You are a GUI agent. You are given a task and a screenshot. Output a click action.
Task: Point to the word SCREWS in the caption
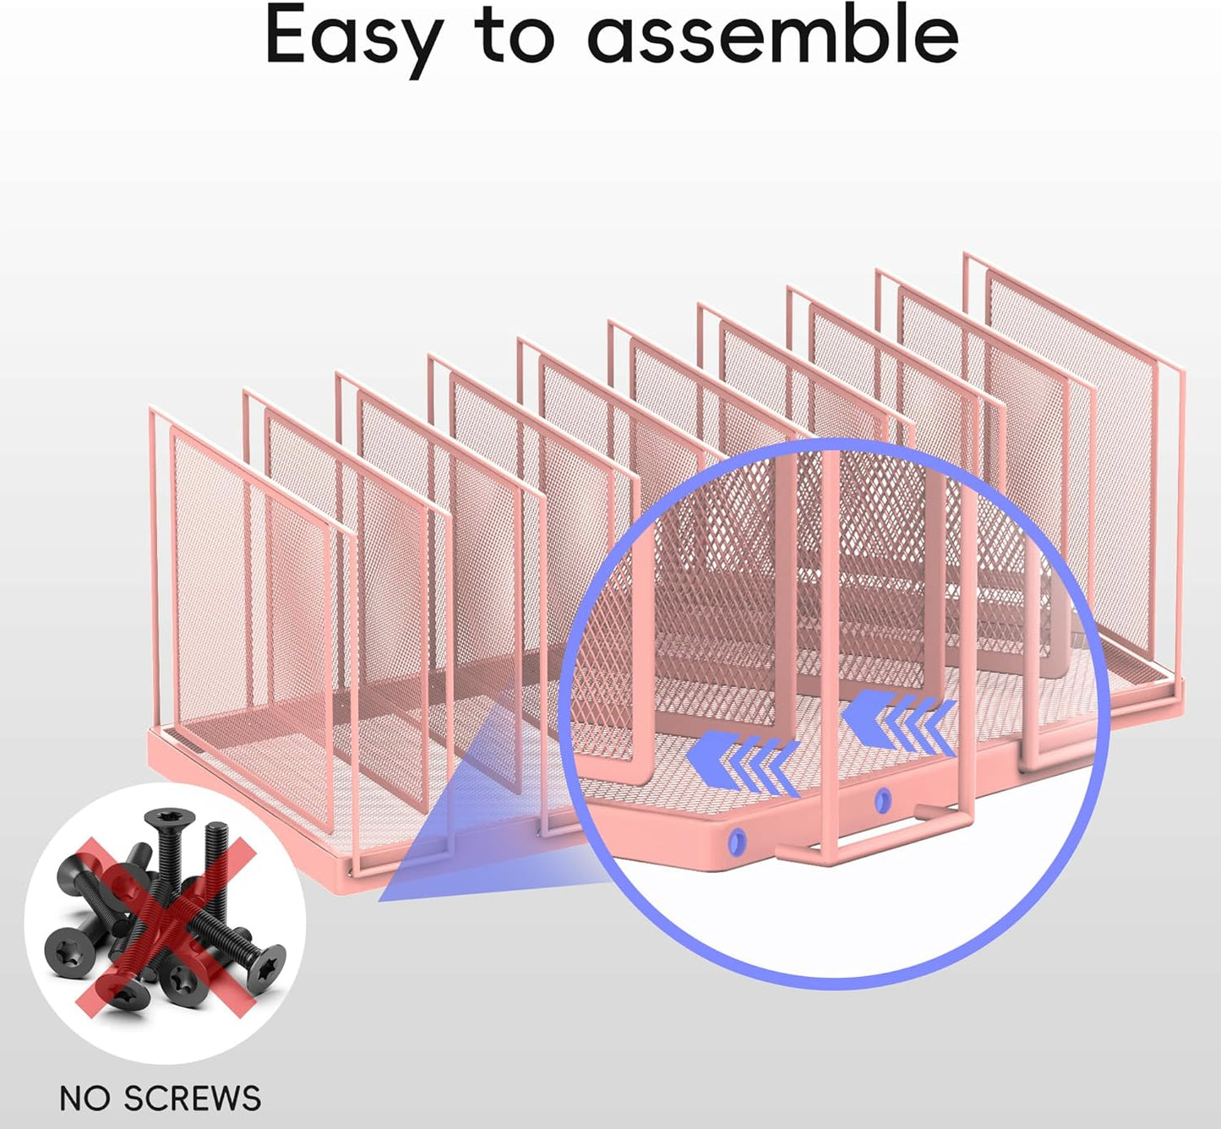193,1099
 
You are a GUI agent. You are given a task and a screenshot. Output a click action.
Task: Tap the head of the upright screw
170,819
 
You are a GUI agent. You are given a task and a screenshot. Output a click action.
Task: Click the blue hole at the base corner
735,841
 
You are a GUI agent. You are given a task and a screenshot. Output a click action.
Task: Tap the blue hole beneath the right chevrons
884,799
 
